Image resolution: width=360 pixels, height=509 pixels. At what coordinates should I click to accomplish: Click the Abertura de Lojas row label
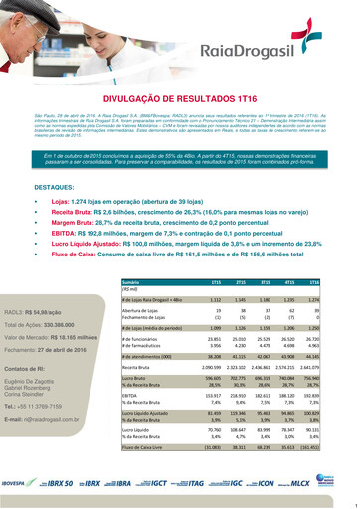144,311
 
